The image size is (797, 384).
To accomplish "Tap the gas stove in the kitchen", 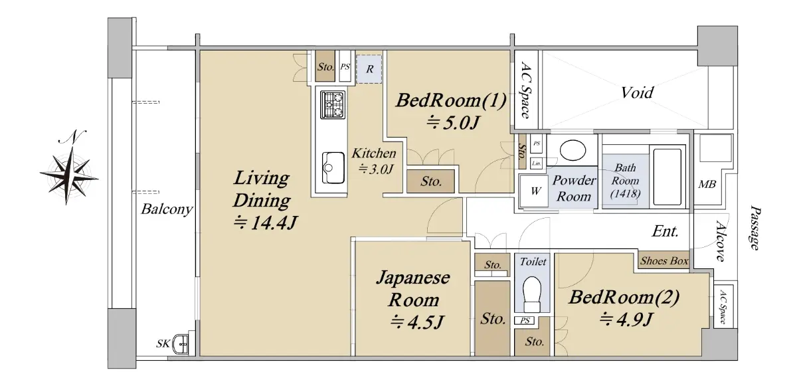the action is [333, 105].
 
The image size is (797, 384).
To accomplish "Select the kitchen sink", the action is [333, 168].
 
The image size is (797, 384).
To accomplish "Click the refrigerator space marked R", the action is [369, 69].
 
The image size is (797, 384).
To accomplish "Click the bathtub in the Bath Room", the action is [667, 177].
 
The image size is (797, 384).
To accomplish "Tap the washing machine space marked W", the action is [535, 191].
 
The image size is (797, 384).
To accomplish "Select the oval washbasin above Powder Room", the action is [573, 151].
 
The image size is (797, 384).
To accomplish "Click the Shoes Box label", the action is [664, 261].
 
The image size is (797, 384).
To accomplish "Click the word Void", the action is [637, 92].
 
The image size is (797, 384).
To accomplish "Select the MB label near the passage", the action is [707, 184].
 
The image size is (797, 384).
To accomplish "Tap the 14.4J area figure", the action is [265, 223].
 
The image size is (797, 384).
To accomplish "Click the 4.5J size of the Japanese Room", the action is [416, 322].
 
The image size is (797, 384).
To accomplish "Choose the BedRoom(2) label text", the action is [624, 297].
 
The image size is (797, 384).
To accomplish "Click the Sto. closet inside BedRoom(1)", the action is [430, 181].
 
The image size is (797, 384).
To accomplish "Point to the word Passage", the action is [754, 228].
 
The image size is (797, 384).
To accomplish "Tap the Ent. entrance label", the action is [665, 231].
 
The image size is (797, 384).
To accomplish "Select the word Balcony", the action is [167, 209].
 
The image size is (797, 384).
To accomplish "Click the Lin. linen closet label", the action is [536, 163].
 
